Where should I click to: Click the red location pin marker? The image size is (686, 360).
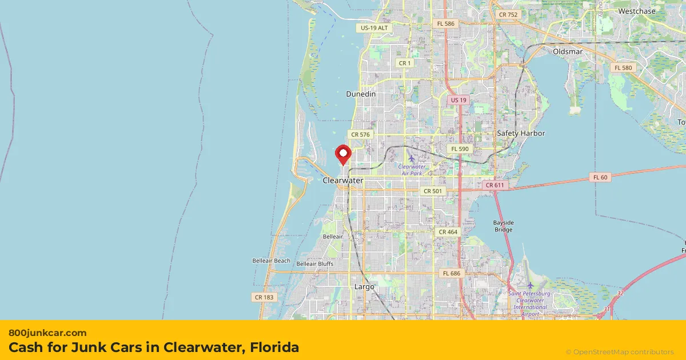coord(343,154)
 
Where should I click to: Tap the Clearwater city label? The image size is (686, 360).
coord(343,181)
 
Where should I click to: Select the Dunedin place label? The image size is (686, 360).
coord(361,94)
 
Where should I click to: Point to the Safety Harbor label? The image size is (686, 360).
coord(521,134)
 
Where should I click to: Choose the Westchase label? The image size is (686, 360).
coord(637,11)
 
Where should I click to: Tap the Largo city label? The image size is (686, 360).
coord(364,287)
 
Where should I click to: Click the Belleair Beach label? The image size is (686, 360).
coord(272,261)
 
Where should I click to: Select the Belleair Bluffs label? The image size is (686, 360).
coord(315,263)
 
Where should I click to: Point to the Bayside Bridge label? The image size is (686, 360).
coord(504,226)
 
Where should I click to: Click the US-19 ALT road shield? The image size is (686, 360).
coord(374,27)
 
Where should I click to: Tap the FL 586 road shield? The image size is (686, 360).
coord(446,23)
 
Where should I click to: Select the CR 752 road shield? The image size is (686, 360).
coord(508,14)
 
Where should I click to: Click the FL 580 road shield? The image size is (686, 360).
coord(623,67)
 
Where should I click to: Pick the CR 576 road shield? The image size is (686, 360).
coord(361,135)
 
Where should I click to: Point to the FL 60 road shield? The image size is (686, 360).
coord(600,177)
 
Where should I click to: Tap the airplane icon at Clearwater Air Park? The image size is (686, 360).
coord(411,157)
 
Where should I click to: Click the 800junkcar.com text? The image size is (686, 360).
coord(47,333)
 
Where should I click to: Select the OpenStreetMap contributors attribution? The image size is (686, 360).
coord(620,352)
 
